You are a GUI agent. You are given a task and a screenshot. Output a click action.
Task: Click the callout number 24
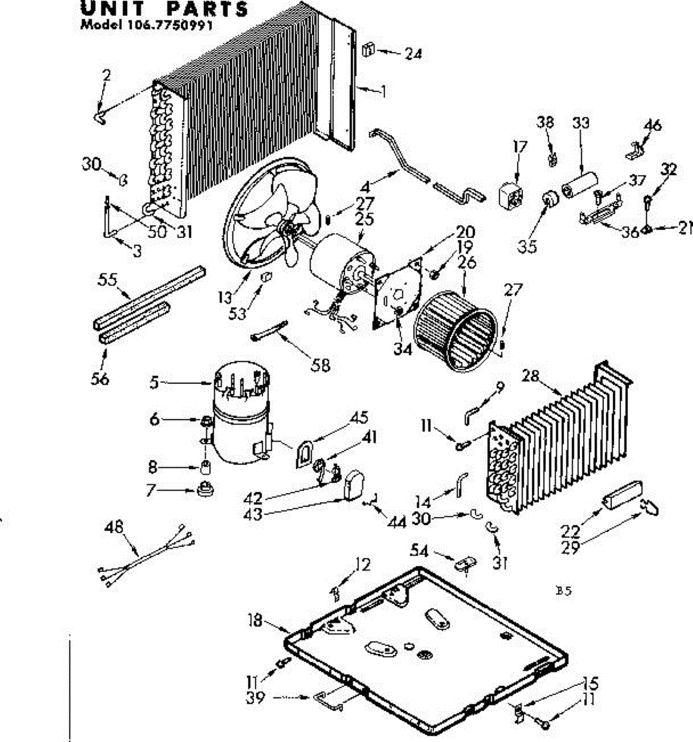(x=413, y=54)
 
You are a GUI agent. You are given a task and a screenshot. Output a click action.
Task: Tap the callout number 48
(x=114, y=527)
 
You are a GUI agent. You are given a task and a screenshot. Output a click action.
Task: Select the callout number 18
(x=255, y=620)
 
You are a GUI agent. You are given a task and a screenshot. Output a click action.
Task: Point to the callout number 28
(x=532, y=375)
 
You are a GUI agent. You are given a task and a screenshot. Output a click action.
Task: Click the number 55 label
(x=108, y=279)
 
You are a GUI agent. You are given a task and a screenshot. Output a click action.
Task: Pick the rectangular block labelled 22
(x=624, y=496)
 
